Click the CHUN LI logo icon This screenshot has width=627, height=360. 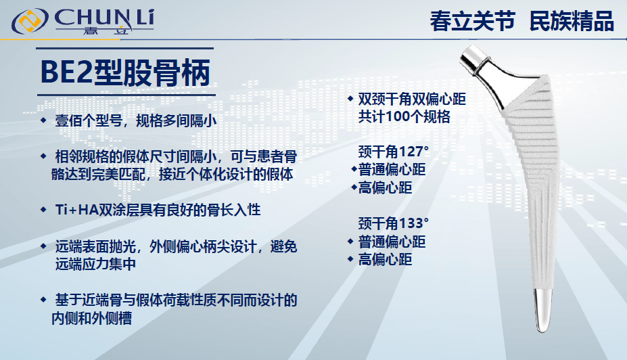click(31, 21)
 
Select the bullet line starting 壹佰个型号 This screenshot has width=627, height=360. click(135, 122)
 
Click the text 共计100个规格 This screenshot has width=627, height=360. click(404, 116)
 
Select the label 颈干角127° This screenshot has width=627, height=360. click(394, 151)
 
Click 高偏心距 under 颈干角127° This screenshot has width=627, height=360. click(385, 187)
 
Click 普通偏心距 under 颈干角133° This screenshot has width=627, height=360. click(392, 242)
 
